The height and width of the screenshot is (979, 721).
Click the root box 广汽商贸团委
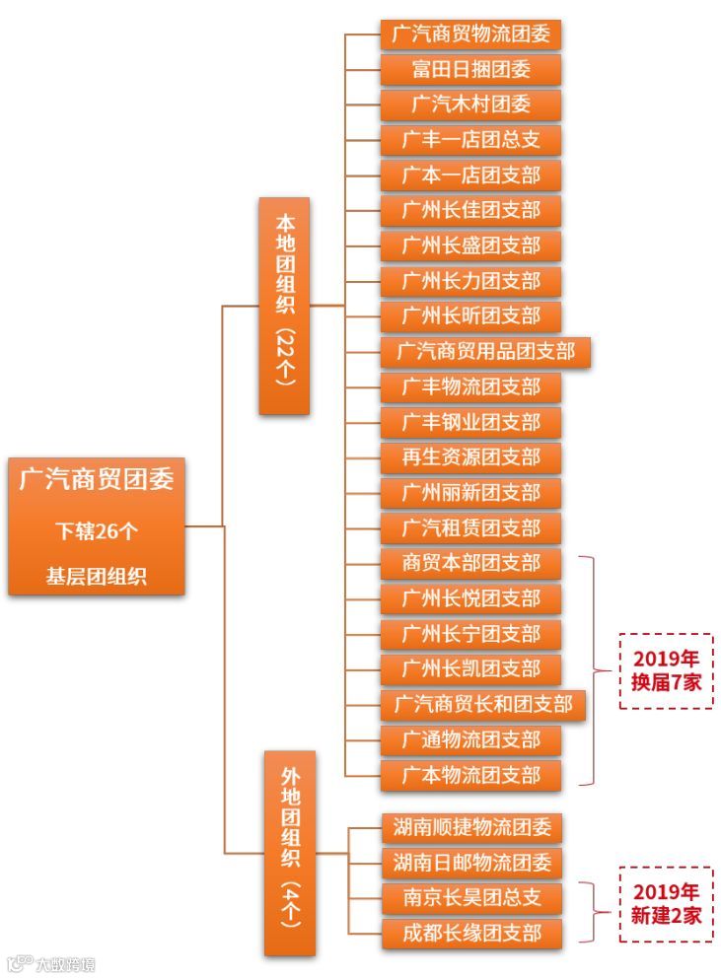[x=97, y=525]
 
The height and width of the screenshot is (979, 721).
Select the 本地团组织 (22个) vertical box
[x=284, y=306]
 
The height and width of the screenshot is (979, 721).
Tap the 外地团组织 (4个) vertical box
[x=290, y=853]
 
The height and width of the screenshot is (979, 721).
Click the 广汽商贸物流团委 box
[x=470, y=35]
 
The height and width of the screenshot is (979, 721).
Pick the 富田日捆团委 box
[x=470, y=70]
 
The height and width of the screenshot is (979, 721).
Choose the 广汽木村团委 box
[x=470, y=105]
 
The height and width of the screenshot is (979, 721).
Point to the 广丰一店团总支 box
[x=470, y=140]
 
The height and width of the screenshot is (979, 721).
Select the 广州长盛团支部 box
[x=470, y=245]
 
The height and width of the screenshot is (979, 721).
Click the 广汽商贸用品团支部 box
[x=485, y=352]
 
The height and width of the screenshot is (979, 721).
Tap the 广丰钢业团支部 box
[x=470, y=423]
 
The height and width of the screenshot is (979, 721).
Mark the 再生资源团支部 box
[x=470, y=457]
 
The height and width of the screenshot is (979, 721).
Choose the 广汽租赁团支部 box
[x=470, y=527]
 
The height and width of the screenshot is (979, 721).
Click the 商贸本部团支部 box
[x=470, y=563]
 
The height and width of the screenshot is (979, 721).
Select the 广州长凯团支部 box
[x=470, y=669]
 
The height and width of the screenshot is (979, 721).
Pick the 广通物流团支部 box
[x=470, y=739]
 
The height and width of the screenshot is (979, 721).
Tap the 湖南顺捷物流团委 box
[x=471, y=827]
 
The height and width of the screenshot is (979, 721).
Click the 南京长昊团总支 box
[x=471, y=898]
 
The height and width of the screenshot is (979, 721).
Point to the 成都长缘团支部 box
[x=471, y=933]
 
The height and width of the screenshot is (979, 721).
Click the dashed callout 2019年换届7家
[x=666, y=670]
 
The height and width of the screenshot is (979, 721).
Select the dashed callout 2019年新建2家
[x=666, y=904]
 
